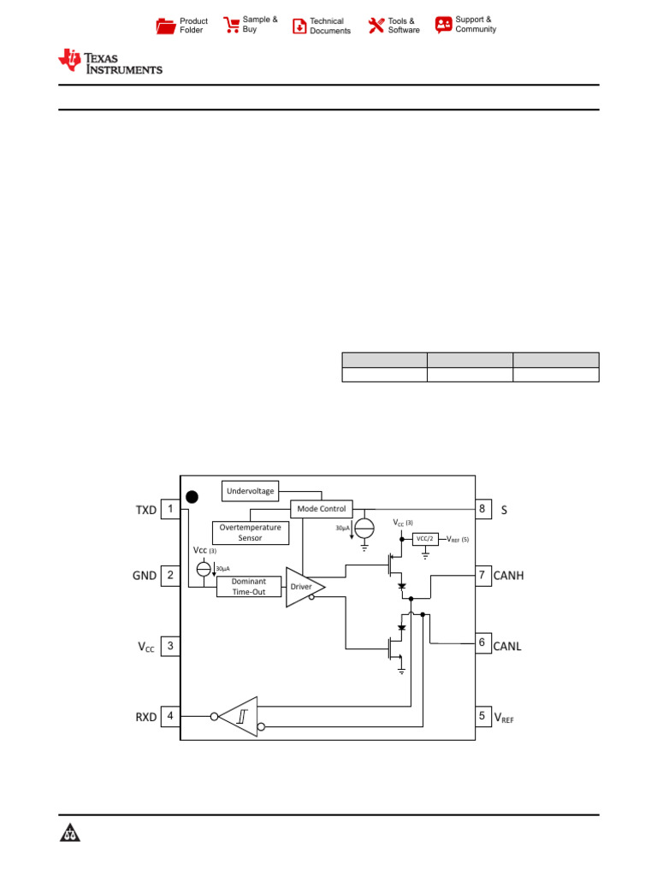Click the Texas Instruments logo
109,61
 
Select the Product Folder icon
166,26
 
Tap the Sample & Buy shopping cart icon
231,25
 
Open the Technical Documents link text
330,26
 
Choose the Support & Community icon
443,25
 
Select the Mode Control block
322,509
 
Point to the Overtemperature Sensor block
250,533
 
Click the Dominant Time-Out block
249,586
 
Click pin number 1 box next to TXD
170,510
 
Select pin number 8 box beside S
482,510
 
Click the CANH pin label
508,576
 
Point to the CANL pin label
507,646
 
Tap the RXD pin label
145,717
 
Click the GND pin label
145,576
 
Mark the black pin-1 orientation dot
192,496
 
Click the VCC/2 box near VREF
425,539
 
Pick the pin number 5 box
482,717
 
